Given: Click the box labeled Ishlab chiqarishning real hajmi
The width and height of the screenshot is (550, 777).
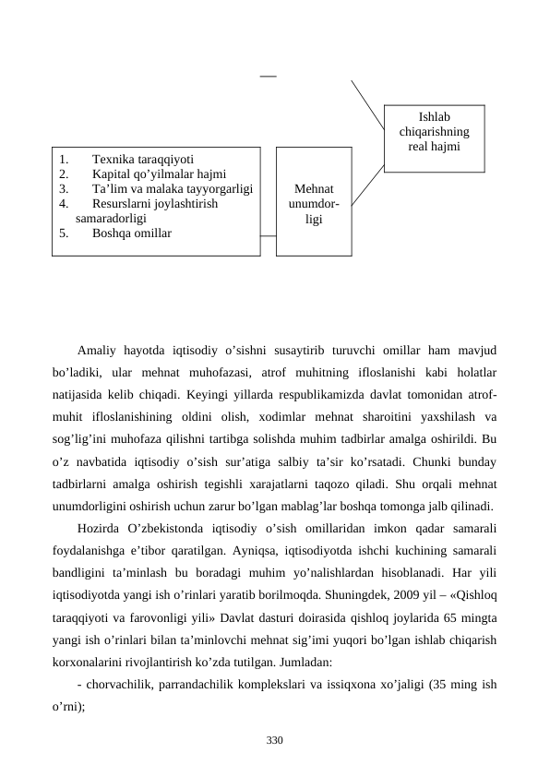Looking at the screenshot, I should click(x=434, y=137).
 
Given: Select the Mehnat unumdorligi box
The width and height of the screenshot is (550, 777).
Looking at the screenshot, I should click(x=314, y=200).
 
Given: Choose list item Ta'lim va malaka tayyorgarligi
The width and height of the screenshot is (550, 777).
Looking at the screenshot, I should click(x=173, y=188).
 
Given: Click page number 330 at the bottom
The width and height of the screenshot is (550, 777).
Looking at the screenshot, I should click(x=274, y=740).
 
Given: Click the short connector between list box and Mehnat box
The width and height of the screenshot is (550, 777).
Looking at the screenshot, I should click(x=268, y=234).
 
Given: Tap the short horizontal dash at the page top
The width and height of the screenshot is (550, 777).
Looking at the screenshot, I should click(x=268, y=74).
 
